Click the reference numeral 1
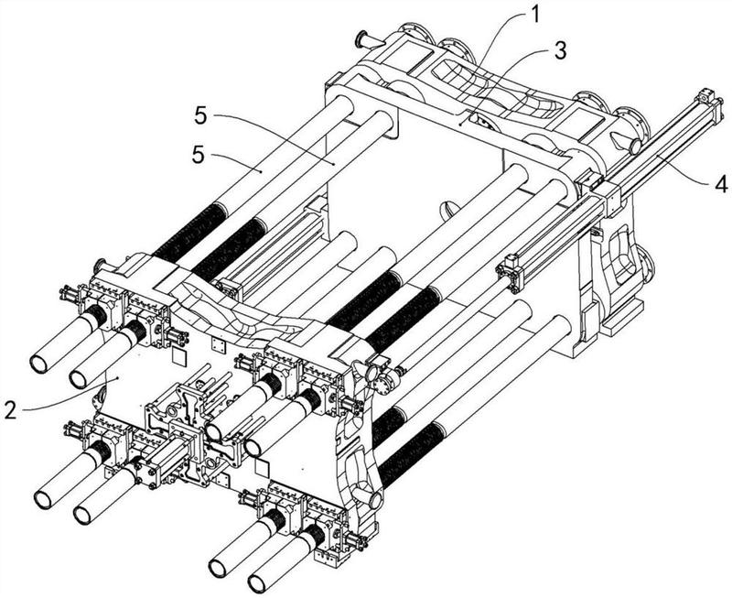(535, 14)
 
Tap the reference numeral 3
(559, 50)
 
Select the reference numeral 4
(721, 184)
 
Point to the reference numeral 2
(10, 410)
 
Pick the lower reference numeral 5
(198, 155)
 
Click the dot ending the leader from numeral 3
(460, 125)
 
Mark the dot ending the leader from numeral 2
(120, 376)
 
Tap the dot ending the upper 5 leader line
(333, 164)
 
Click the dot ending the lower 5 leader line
(262, 172)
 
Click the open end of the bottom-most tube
(257, 583)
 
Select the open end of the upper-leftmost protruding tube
(38, 364)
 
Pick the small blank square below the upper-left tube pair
(179, 355)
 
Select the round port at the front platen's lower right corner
(375, 500)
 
